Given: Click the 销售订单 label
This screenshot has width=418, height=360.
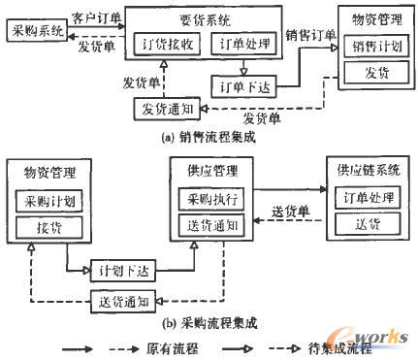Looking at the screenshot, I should click(309, 34).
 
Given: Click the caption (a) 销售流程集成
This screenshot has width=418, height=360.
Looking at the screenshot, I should click(208, 138).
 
